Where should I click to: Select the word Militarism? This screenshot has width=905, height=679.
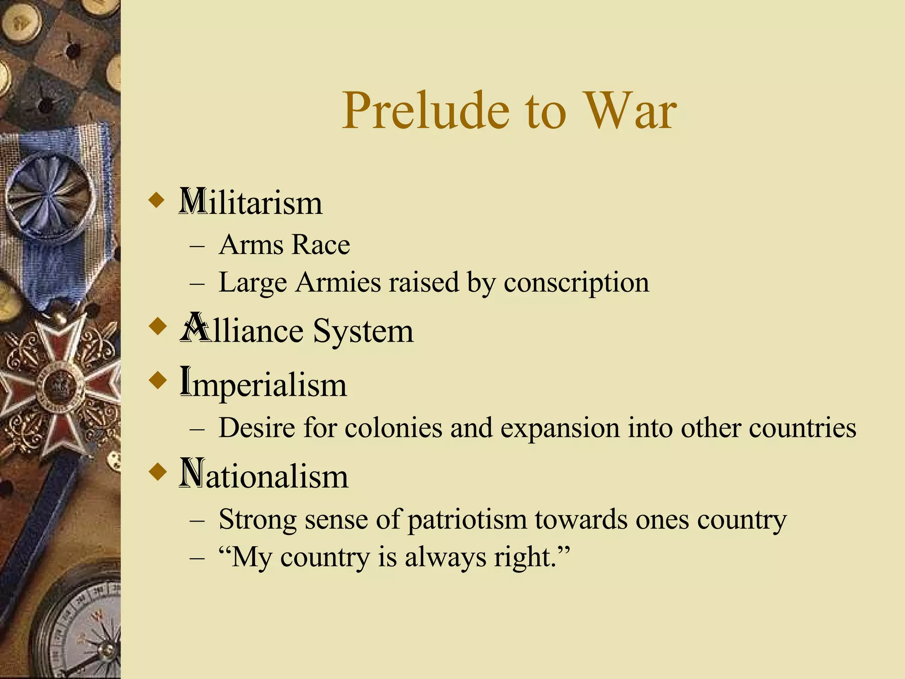click(251, 202)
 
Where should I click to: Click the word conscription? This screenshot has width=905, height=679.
click(576, 283)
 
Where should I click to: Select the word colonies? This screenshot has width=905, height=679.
click(393, 428)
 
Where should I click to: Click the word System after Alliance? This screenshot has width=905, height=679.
click(363, 331)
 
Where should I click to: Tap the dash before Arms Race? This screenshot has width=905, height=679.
click(197, 246)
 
